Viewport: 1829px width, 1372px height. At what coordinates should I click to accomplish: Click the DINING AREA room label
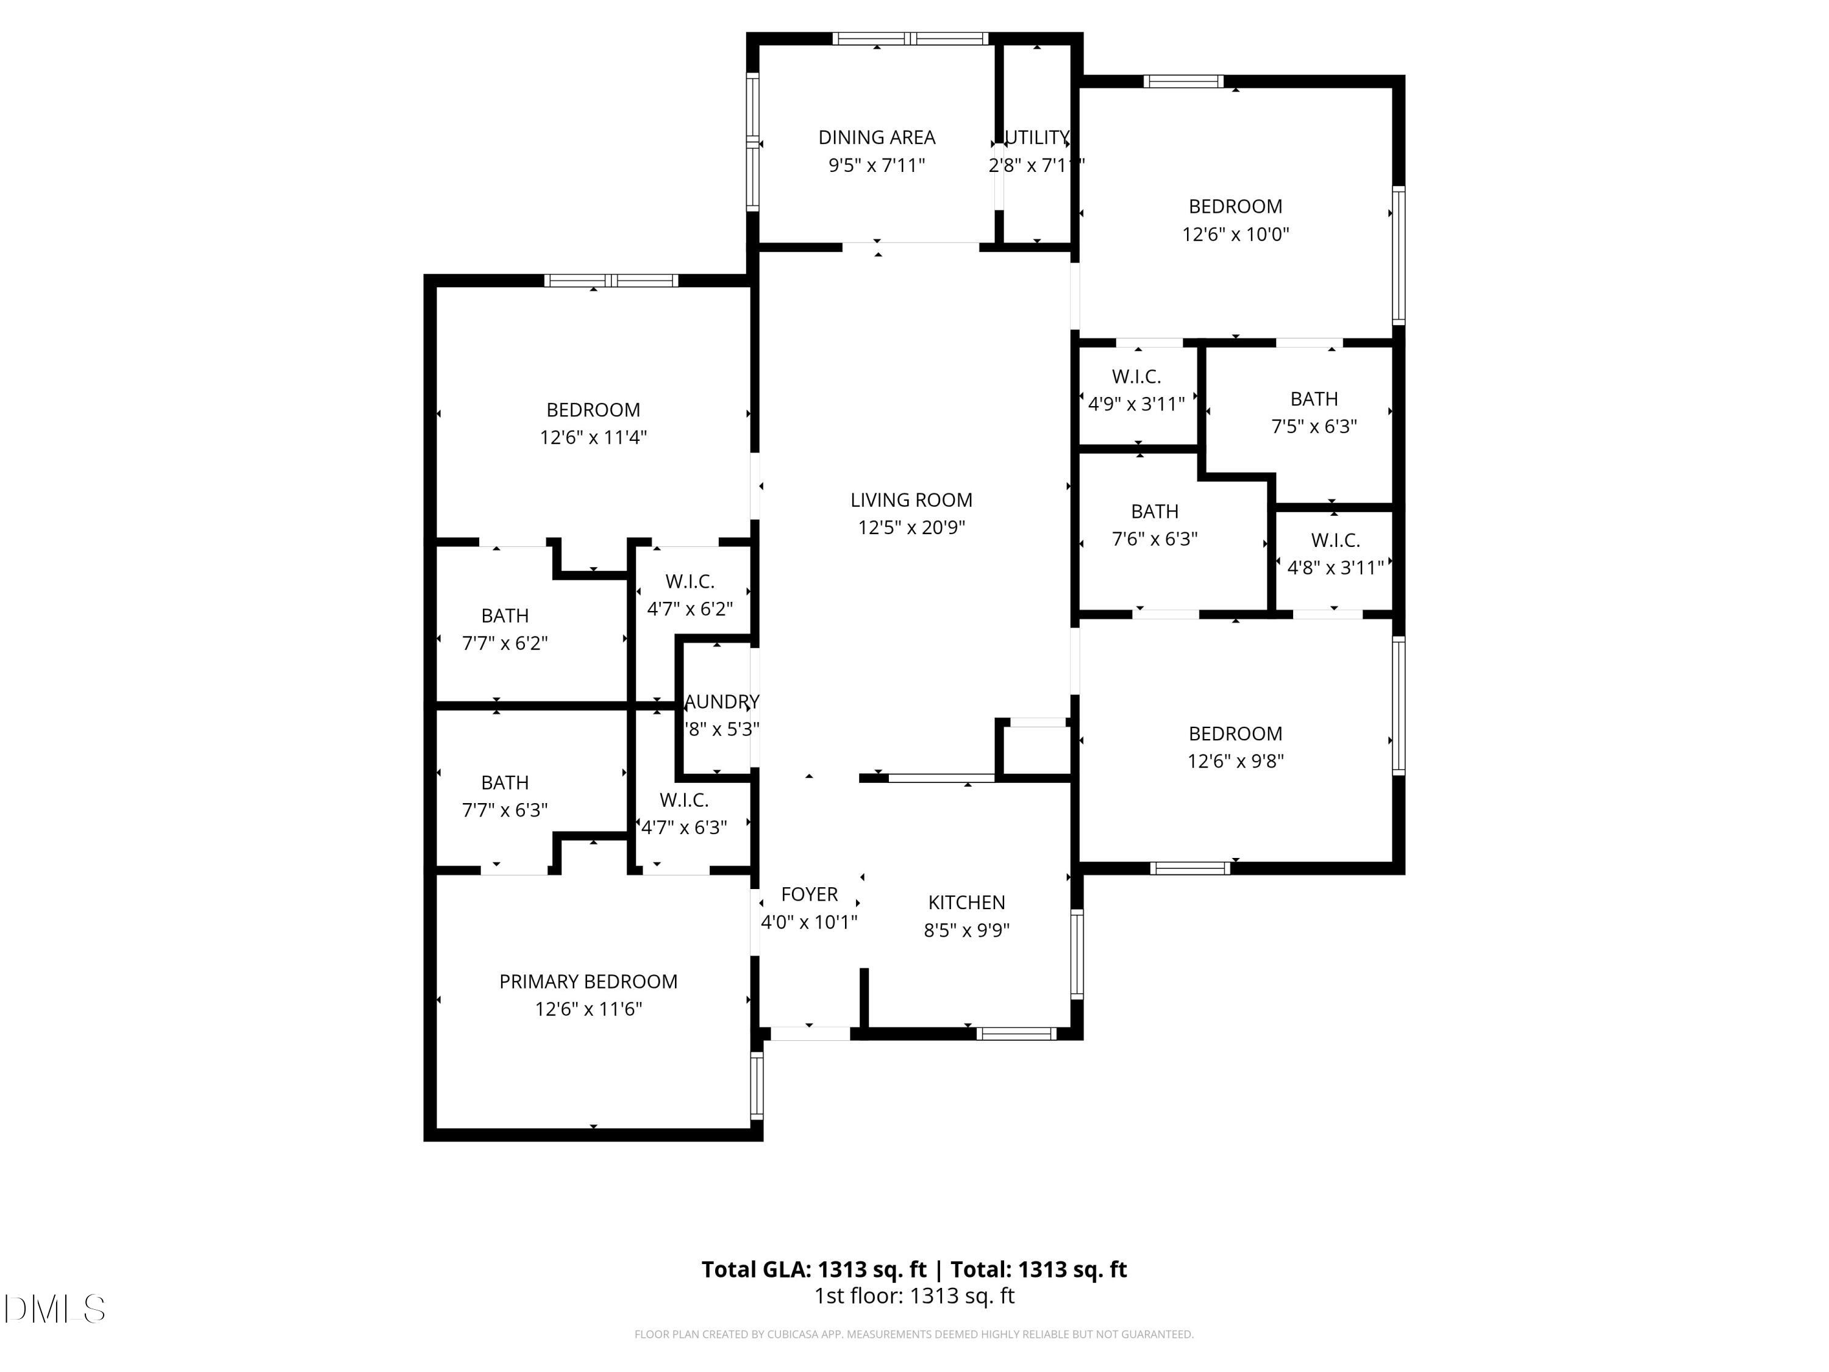pos(877,137)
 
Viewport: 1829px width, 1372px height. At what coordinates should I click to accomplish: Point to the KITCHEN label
pos(966,902)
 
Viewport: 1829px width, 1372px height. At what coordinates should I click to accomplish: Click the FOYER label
pos(810,894)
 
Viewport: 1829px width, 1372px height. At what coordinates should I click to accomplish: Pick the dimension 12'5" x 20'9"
pos(911,527)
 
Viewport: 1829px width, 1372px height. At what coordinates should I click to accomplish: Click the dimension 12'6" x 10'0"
pos(1235,234)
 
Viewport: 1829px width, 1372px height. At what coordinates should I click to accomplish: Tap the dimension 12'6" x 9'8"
pos(1235,761)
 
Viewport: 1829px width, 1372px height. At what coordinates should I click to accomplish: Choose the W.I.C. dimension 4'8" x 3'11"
pos(1335,567)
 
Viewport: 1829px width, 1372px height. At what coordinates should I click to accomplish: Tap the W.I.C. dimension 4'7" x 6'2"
pos(690,609)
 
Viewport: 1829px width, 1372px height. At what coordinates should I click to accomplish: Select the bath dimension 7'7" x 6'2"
pos(504,643)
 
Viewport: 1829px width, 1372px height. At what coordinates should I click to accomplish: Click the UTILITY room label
pos(1037,137)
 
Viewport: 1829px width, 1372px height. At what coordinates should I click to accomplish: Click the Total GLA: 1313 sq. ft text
pos(814,1270)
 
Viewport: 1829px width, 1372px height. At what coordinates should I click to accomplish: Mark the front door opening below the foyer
pos(810,1033)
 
